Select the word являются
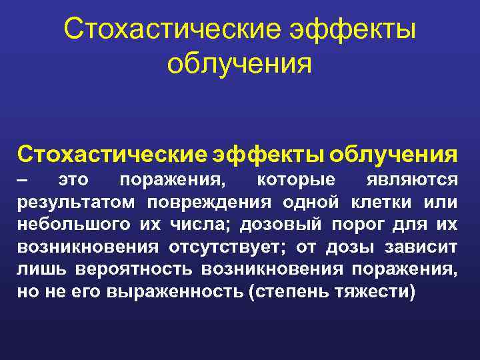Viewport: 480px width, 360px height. (x=413, y=180)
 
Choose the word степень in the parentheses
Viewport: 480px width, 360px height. (x=289, y=293)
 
